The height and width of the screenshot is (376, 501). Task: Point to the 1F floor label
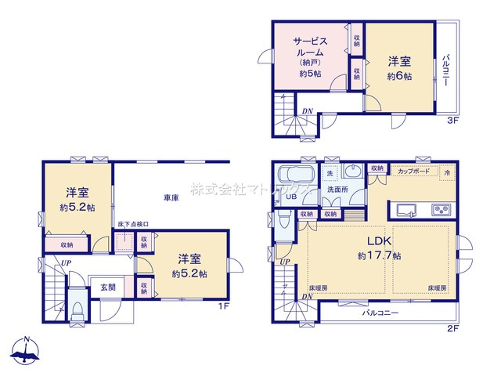coord(222,305)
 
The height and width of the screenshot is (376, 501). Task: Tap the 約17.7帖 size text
coord(380,256)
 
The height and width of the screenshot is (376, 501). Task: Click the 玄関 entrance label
coord(108,287)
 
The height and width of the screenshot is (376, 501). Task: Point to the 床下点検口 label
coord(133,225)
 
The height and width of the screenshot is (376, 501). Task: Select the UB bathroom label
coord(290,197)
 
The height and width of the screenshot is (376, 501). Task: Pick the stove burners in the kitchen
coord(442,209)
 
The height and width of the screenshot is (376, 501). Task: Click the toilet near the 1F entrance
coord(76,313)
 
